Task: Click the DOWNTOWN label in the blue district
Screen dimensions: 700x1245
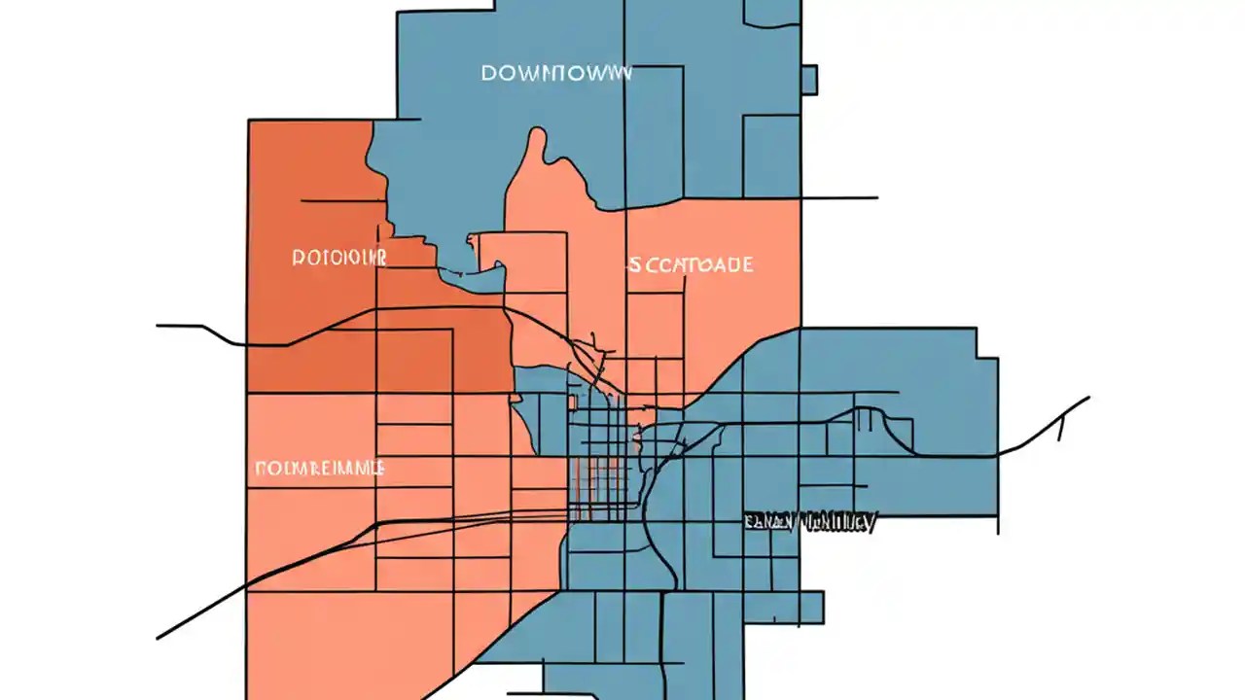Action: pos(556,74)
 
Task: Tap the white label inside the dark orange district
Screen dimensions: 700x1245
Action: pos(339,258)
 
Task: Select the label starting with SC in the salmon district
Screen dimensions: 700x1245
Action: pos(690,264)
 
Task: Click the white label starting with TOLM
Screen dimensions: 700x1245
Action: pos(320,468)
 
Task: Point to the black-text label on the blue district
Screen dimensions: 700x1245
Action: pos(809,523)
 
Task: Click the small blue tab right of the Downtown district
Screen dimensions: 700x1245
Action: pos(808,80)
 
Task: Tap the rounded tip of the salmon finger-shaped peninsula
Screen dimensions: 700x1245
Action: pos(535,136)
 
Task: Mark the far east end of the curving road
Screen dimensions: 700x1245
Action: pos(1087,398)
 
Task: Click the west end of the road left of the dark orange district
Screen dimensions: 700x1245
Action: pos(159,326)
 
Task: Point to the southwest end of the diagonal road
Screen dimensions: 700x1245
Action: pos(159,638)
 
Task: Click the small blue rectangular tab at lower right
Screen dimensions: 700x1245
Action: pos(811,608)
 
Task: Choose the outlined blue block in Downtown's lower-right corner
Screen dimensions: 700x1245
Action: pos(771,156)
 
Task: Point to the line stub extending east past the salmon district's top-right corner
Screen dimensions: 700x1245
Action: pos(840,198)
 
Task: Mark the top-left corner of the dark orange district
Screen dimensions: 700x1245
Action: pos(250,121)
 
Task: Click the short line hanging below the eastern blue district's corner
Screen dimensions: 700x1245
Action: pos(997,524)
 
